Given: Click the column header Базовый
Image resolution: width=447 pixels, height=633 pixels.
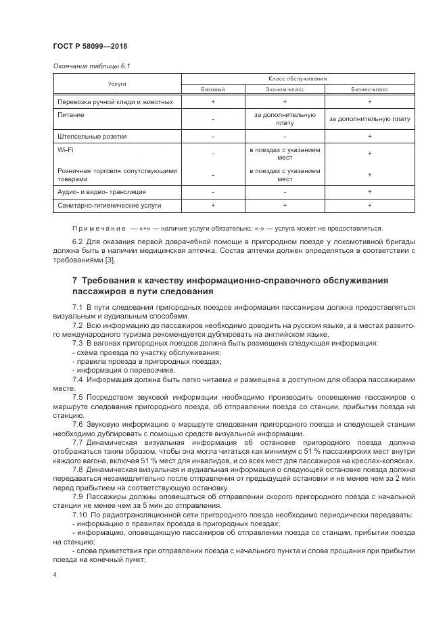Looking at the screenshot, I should (x=212, y=89).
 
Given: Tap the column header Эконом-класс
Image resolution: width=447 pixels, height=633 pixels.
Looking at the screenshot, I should (x=284, y=89).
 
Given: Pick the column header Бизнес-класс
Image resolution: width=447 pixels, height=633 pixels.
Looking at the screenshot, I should (x=369, y=89).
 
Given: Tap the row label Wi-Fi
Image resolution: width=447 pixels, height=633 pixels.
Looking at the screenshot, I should (x=65, y=148).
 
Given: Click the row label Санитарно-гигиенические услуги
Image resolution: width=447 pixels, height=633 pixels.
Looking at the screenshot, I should (x=109, y=205).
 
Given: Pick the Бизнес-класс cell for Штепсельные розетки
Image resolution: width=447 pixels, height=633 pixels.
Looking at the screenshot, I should (x=369, y=137).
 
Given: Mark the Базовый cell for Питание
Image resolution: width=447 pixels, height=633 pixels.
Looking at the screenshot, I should (x=212, y=119).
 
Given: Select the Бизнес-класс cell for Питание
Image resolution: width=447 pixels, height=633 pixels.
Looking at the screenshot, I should (x=369, y=119).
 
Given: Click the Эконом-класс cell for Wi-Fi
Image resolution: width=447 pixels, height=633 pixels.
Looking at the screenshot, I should (x=284, y=153).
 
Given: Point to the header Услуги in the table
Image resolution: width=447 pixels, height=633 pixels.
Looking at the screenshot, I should (x=117, y=84).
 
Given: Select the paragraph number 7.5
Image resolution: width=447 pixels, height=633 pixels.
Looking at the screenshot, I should (x=78, y=397).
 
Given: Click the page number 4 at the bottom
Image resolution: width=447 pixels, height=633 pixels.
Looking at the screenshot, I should (x=55, y=574).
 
